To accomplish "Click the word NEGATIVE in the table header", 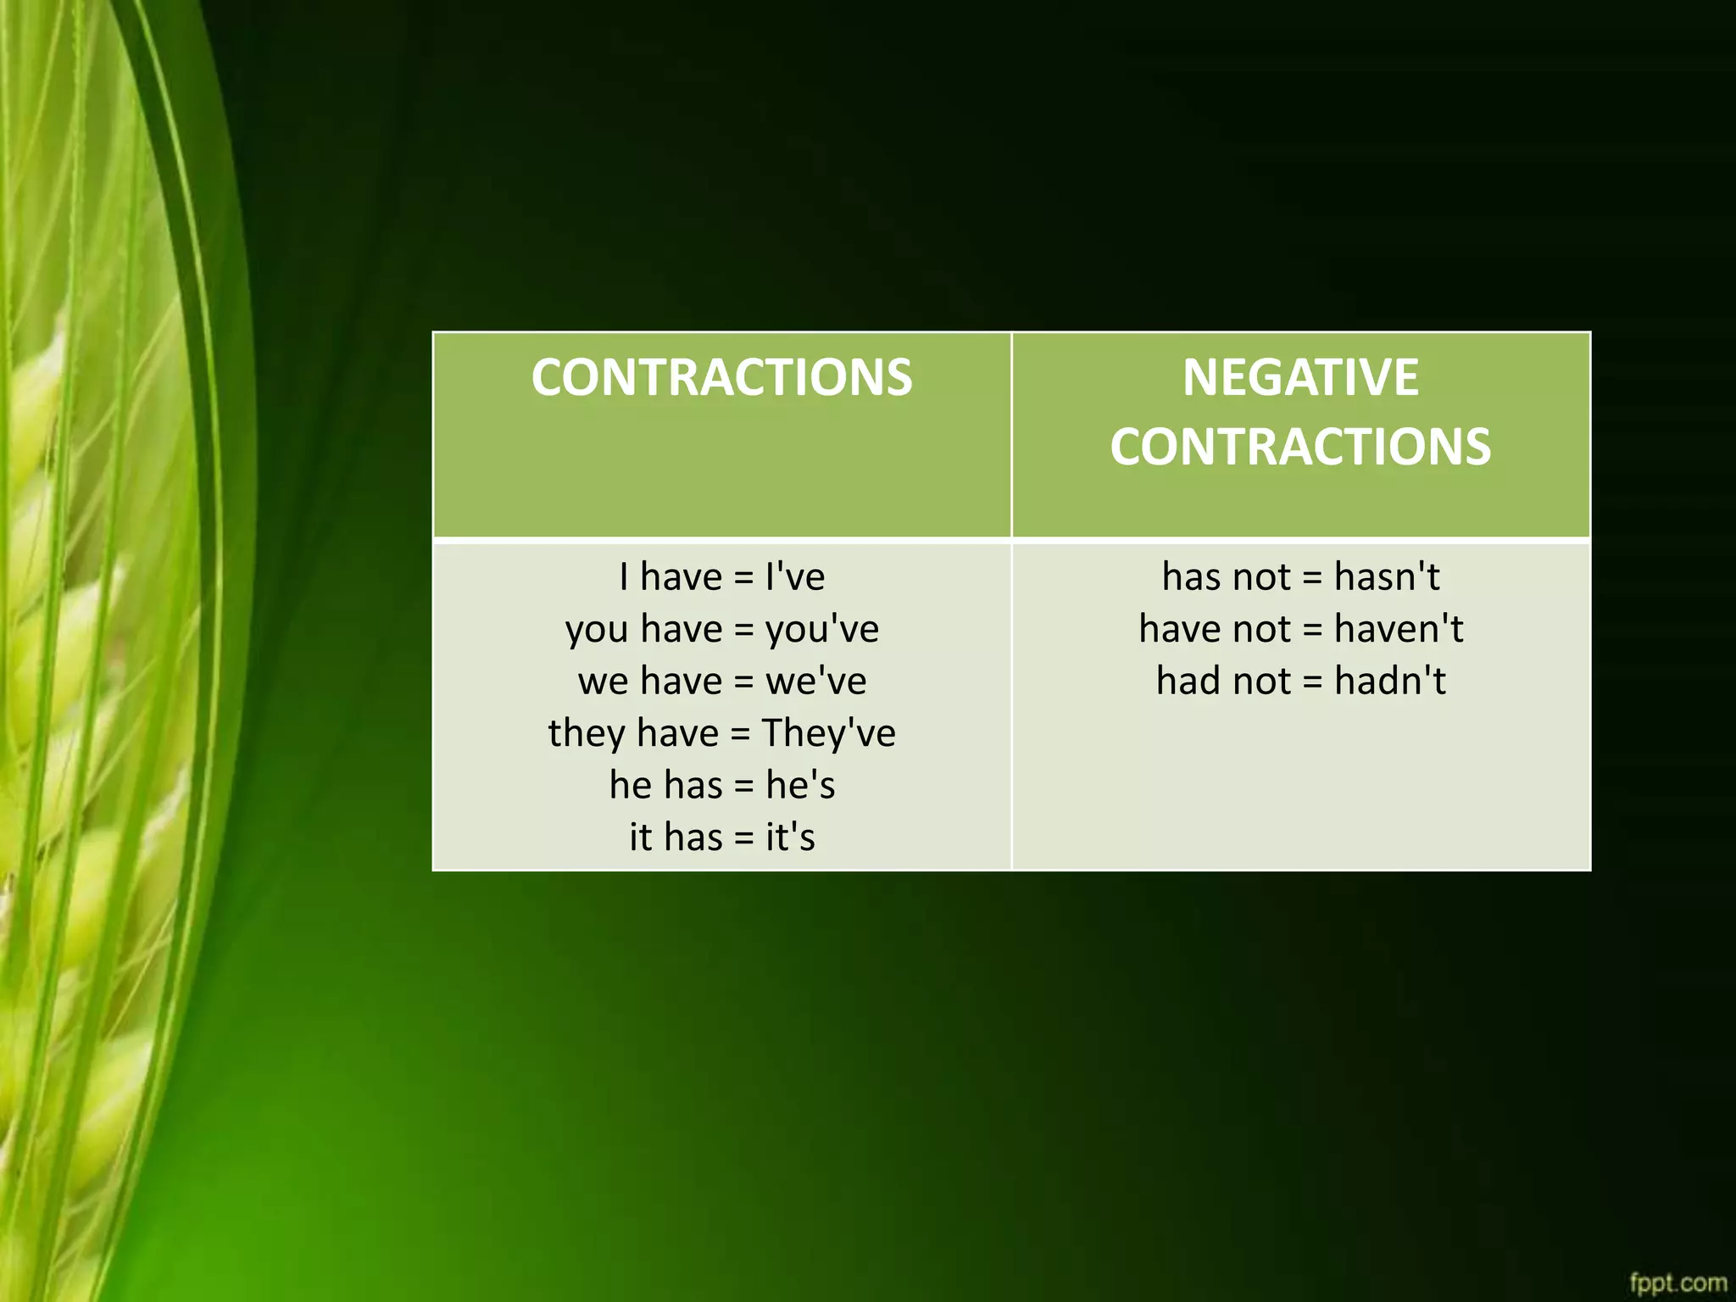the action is click(1300, 377).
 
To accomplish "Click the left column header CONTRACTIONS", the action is click(722, 377).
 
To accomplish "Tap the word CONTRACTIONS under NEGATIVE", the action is click(1300, 447).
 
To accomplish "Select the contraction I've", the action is click(795, 577).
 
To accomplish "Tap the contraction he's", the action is click(800, 785).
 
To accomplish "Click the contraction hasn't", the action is click(1387, 577).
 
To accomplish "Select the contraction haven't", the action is click(1399, 629).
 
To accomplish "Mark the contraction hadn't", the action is click(1390, 681).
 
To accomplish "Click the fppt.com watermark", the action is click(1678, 1283).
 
